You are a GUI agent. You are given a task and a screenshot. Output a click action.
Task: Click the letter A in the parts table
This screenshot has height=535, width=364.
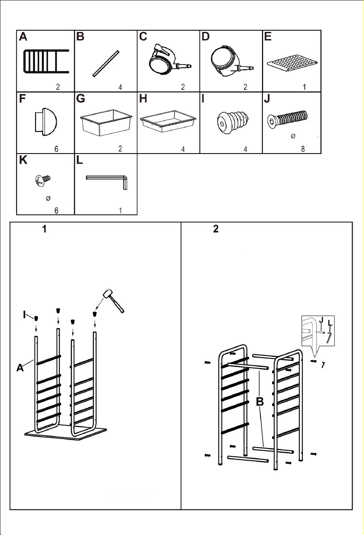tap(23, 37)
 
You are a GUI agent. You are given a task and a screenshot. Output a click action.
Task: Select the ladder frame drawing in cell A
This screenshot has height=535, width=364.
tap(47, 61)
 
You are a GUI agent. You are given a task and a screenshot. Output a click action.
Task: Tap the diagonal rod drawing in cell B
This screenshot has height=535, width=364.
tap(106, 63)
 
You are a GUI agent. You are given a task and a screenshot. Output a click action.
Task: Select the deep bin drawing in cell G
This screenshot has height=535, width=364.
tap(106, 123)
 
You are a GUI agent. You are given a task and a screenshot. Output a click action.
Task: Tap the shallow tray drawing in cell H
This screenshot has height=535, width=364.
tap(168, 121)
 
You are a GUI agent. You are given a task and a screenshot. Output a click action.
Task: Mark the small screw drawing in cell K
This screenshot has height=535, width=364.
tap(43, 180)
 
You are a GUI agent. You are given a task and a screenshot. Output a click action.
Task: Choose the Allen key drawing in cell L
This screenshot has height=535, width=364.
tap(107, 182)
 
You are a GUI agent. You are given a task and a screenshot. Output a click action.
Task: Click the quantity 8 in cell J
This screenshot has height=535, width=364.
tap(303, 149)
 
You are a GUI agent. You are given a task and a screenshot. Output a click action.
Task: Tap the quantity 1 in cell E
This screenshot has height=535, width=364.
tap(304, 87)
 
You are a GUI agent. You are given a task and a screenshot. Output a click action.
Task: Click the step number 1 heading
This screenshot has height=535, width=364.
tap(44, 229)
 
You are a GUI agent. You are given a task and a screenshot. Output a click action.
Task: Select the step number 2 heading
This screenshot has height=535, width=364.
tap(216, 229)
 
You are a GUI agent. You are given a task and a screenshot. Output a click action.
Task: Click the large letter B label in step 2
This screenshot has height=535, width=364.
tap(260, 402)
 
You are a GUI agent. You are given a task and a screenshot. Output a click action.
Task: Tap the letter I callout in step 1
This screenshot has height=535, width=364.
tap(24, 315)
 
